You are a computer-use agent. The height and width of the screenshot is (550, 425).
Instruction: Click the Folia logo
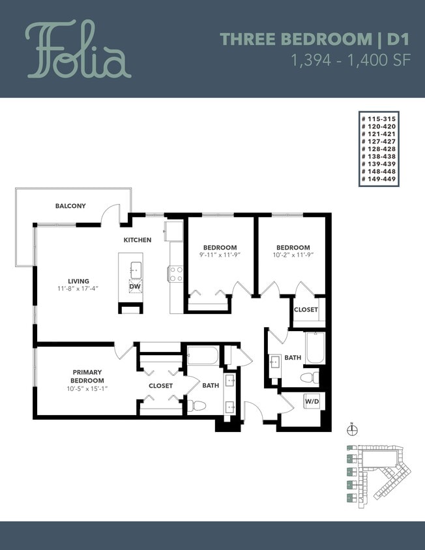pyautogui.click(x=78, y=50)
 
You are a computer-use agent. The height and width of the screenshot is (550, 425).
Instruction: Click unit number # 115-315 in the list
pyautogui.click(x=379, y=119)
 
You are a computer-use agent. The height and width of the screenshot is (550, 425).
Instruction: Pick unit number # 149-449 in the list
pyautogui.click(x=379, y=179)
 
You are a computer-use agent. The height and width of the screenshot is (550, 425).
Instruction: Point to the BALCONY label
pyautogui.click(x=70, y=206)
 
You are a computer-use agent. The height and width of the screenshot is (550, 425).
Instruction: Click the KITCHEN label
pyautogui.click(x=138, y=240)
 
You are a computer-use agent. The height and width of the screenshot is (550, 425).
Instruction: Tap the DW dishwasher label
pyautogui.click(x=135, y=286)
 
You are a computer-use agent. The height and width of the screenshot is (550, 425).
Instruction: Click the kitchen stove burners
pyautogui.click(x=176, y=274)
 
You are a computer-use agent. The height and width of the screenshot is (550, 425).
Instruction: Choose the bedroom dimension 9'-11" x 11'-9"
pyautogui.click(x=219, y=255)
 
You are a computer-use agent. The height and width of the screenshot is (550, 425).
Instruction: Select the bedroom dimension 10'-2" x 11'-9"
pyautogui.click(x=293, y=255)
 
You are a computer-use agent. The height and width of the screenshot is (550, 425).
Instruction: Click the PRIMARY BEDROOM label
pyautogui.click(x=87, y=376)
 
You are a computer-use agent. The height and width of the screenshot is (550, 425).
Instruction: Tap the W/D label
pyautogui.click(x=312, y=402)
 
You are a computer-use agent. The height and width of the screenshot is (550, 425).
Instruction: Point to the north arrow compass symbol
pyautogui.click(x=352, y=428)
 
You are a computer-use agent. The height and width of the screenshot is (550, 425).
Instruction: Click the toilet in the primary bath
pyautogui.click(x=198, y=405)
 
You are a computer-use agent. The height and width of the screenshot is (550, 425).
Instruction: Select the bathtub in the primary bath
pyautogui.click(x=203, y=356)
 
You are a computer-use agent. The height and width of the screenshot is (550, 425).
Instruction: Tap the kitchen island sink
pyautogui.click(x=136, y=268)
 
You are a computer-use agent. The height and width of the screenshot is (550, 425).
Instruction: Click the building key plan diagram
pyautogui.click(x=376, y=474)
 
